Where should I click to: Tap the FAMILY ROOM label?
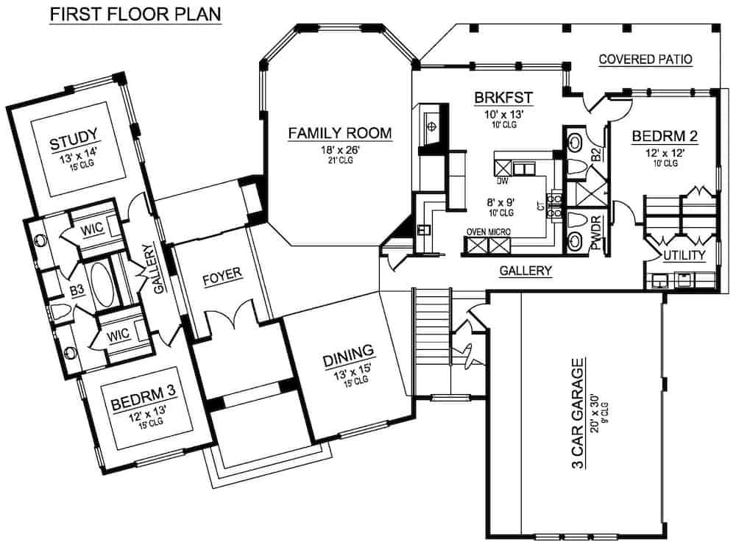(339, 133)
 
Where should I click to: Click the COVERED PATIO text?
(645, 60)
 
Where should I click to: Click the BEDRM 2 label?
(664, 136)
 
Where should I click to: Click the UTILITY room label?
(684, 255)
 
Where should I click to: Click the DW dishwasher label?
(503, 180)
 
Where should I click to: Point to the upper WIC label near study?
(93, 229)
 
